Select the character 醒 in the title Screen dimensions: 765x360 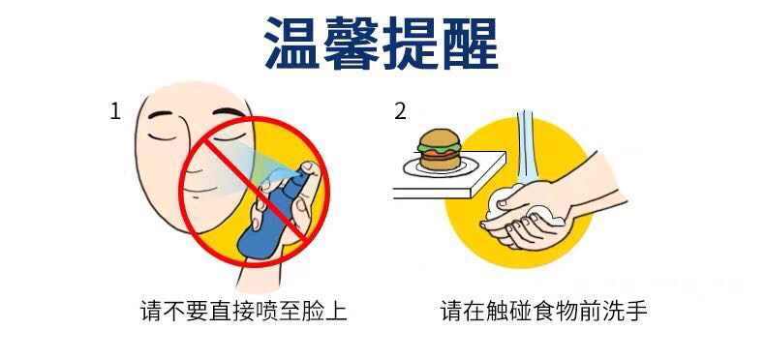tap(470, 43)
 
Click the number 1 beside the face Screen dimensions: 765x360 tap(115, 112)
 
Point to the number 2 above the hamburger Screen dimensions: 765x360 tap(400, 112)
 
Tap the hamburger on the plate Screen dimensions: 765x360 tap(438, 149)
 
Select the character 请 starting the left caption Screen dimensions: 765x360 tap(151, 311)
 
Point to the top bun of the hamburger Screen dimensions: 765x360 tap(439, 135)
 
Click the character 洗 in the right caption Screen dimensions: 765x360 tap(609, 311)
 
